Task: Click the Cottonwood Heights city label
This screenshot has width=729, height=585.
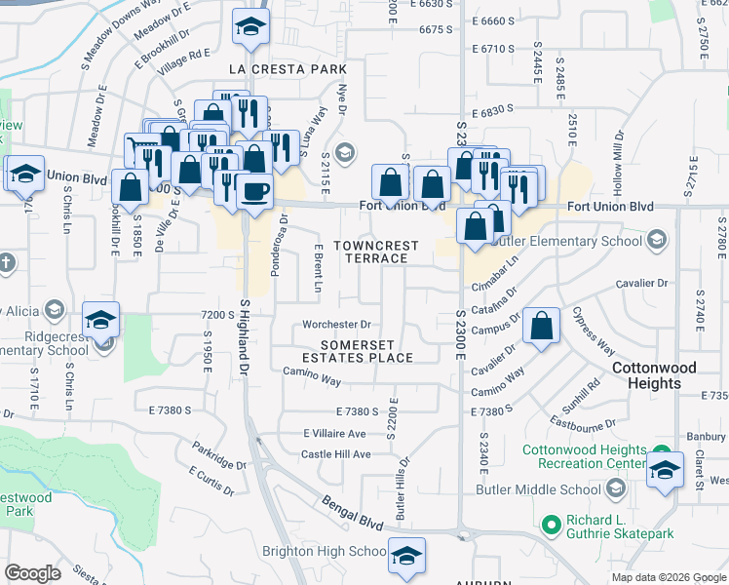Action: point(654,375)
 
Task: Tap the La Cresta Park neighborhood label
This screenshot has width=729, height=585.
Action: point(288,70)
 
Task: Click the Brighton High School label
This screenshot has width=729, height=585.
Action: point(325,551)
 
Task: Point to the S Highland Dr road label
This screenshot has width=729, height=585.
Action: point(245,336)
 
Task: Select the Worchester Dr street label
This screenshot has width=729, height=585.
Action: point(337,324)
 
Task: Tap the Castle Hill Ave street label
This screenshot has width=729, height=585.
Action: point(335,454)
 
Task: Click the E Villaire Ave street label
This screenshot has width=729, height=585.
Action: point(334,433)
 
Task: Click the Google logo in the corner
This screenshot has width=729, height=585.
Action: point(33,573)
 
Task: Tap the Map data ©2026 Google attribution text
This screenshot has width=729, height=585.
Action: point(669,577)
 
